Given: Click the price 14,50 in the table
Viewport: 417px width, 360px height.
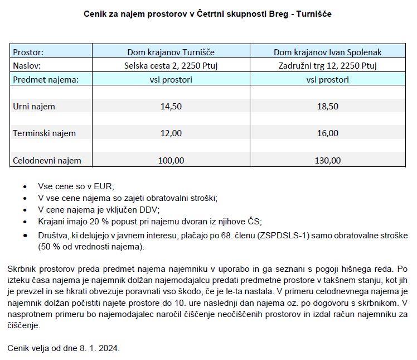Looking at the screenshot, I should tap(171, 106).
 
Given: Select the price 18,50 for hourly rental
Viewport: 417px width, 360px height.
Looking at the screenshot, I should tap(327, 106).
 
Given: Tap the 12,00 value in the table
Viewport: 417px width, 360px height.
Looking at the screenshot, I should tap(171, 133).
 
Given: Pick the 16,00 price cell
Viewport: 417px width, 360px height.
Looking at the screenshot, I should tap(327, 133).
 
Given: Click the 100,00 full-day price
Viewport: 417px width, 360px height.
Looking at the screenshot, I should tap(171, 161).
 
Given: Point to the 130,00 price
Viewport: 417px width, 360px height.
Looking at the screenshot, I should tap(327, 161).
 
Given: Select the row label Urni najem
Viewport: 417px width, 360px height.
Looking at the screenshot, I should tap(34, 106).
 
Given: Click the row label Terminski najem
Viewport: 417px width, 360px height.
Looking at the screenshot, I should tap(44, 133).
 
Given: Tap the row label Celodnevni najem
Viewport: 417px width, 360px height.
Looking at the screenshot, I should tap(47, 161).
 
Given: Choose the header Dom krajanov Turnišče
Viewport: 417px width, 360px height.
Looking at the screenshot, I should tap(171, 52).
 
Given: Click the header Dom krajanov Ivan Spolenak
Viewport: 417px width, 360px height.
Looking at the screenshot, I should tap(327, 52).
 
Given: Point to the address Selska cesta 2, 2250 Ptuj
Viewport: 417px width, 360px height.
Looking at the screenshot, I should tap(171, 66).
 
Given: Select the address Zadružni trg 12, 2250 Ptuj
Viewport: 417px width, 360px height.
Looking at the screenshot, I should tap(327, 66).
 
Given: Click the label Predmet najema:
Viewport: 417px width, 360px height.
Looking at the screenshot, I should tap(46, 79).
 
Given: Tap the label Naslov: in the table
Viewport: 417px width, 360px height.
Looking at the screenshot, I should tap(27, 66).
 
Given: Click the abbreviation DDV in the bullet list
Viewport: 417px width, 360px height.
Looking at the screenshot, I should tap(149, 210).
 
